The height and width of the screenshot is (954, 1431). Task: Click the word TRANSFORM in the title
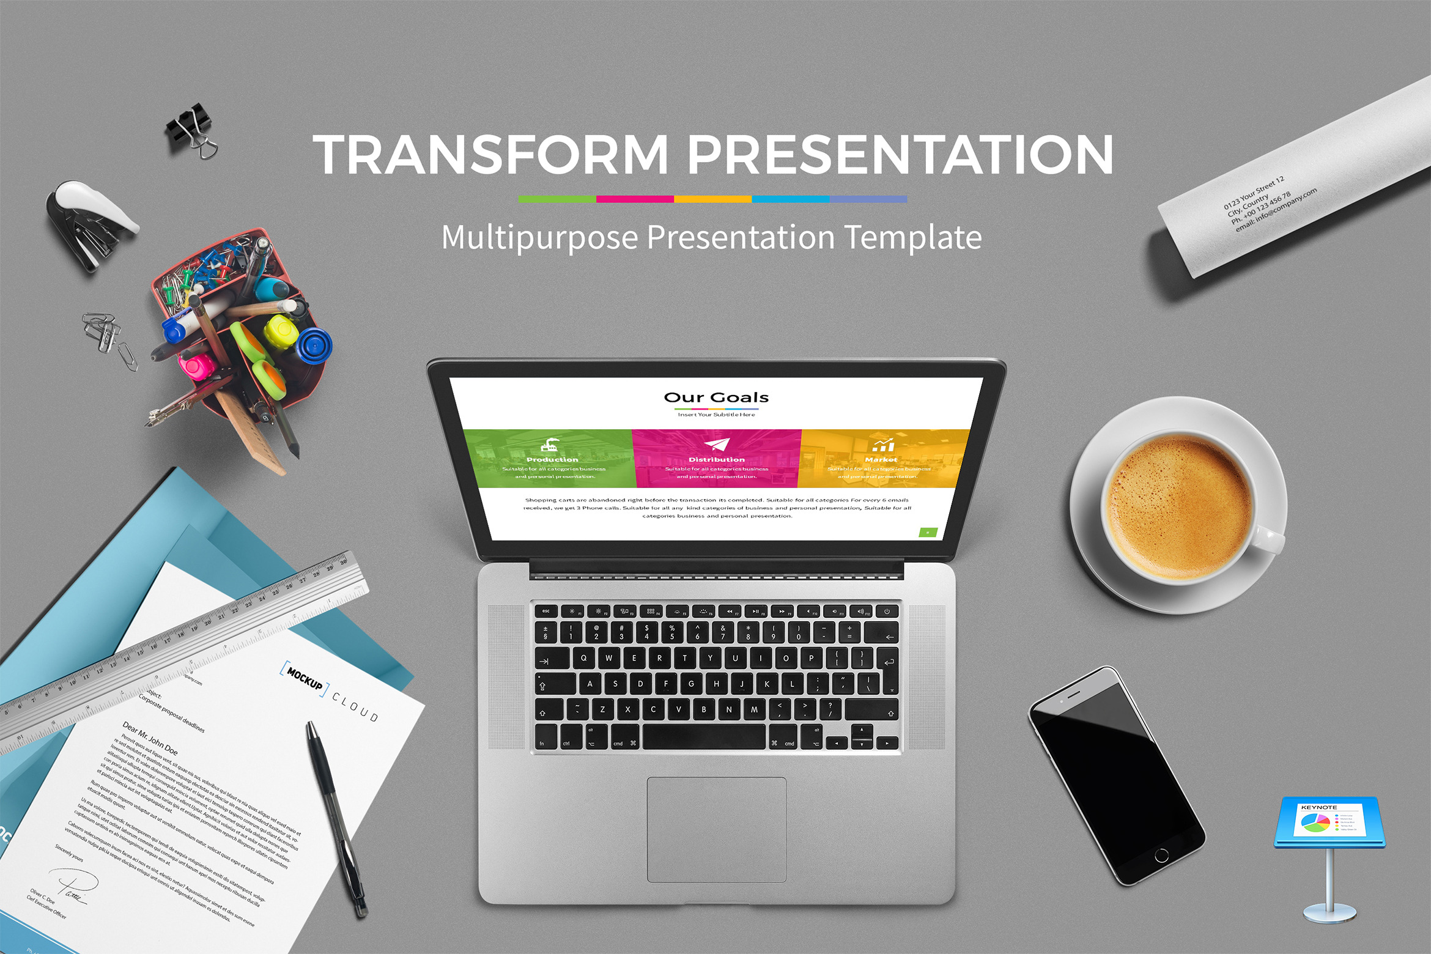pyautogui.click(x=490, y=154)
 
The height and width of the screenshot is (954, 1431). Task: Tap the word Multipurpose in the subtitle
pyautogui.click(x=539, y=237)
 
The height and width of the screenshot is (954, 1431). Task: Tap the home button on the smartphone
pyautogui.click(x=1161, y=856)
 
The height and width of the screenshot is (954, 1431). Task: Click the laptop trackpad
pyautogui.click(x=716, y=829)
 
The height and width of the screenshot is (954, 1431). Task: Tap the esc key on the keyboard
pyautogui.click(x=545, y=611)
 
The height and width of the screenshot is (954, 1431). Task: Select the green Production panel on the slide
pyautogui.click(x=549, y=458)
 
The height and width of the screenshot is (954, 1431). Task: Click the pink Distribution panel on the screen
pyautogui.click(x=716, y=458)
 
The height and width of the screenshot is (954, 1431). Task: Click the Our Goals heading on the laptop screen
pyautogui.click(x=716, y=398)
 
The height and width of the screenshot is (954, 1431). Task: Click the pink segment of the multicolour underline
pyautogui.click(x=635, y=199)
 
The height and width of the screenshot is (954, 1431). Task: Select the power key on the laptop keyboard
pyautogui.click(x=887, y=611)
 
